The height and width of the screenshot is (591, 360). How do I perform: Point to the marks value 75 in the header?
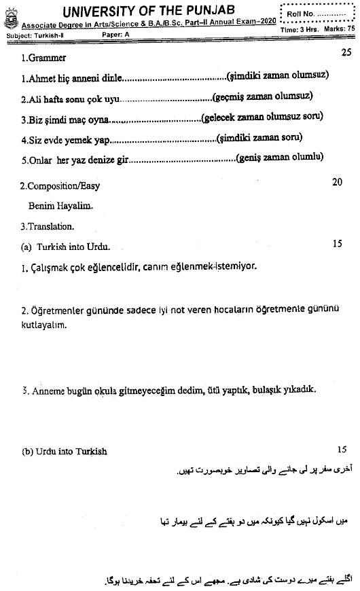tap(350, 29)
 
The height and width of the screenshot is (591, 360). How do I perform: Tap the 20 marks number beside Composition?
tap(338, 183)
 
